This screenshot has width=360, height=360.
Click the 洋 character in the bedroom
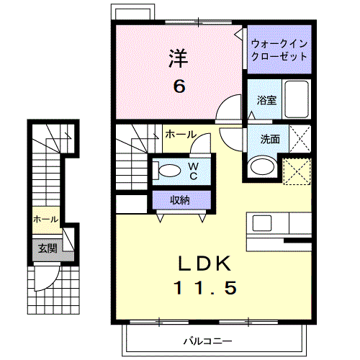coord(178,57)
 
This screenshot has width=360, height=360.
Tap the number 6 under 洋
coord(178,86)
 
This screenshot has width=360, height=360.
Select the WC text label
coord(193,171)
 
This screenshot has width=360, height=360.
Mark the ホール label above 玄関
coord(45,220)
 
